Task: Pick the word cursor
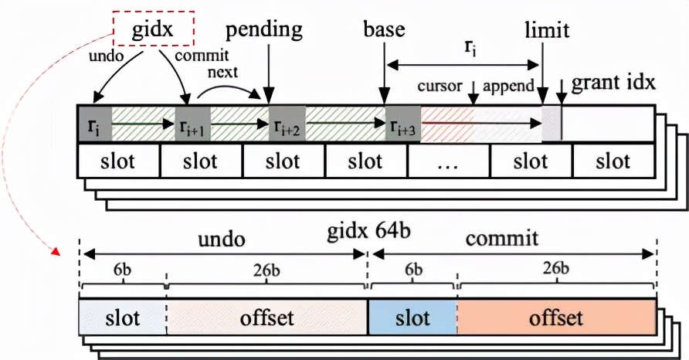(440, 85)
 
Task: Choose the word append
(508, 85)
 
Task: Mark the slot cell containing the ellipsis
(449, 163)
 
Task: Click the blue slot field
(413, 318)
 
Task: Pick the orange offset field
(556, 318)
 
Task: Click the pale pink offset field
(266, 318)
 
